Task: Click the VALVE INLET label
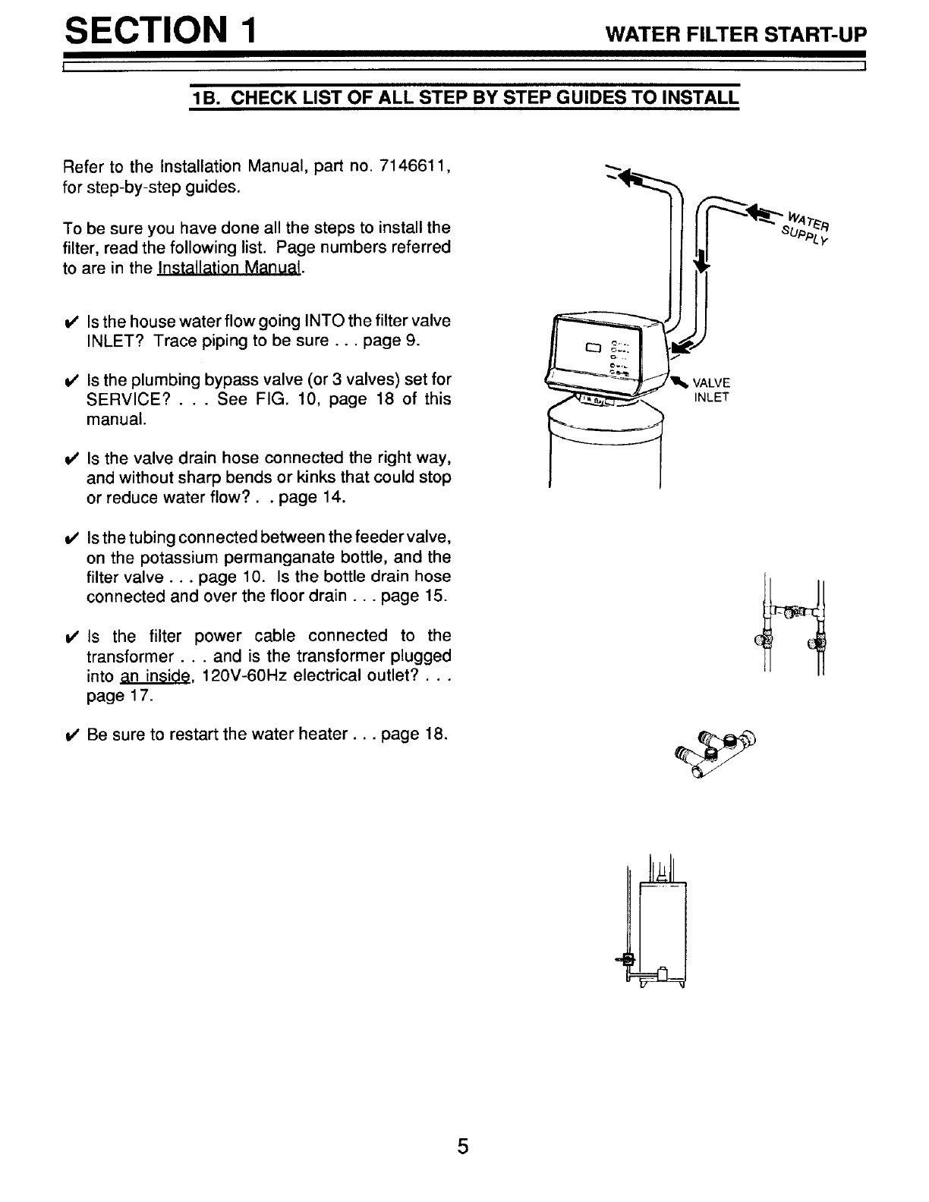(x=711, y=390)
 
